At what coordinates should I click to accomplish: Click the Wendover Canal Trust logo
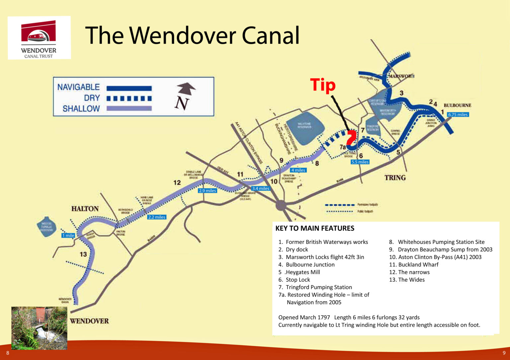(x=39, y=38)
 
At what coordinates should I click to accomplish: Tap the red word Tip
(x=323, y=85)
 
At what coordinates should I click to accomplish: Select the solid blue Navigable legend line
(x=129, y=88)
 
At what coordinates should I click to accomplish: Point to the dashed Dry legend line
(x=129, y=99)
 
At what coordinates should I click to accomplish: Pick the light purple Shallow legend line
(x=129, y=108)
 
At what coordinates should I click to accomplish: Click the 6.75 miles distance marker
(x=458, y=114)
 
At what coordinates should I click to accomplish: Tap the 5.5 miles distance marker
(x=360, y=162)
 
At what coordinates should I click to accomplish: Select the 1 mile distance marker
(x=68, y=235)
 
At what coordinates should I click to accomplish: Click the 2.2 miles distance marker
(x=157, y=217)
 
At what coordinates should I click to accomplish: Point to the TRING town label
(x=395, y=178)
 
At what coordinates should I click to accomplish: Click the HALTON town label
(x=85, y=208)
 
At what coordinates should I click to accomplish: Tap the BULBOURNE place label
(x=457, y=105)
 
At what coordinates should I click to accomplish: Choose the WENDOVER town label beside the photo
(x=89, y=321)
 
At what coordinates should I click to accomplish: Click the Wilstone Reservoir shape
(x=305, y=128)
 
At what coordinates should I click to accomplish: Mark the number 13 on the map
(x=83, y=254)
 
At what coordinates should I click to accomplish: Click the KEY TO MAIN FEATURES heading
(x=315, y=228)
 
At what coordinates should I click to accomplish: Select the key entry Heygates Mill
(x=302, y=272)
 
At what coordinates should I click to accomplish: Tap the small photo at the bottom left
(x=39, y=328)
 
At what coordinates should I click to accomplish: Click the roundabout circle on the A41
(x=281, y=205)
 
